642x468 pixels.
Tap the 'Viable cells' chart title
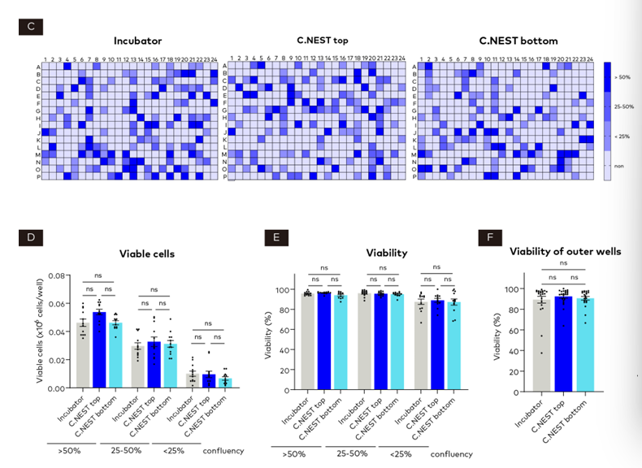148,253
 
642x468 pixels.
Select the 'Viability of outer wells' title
565,251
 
